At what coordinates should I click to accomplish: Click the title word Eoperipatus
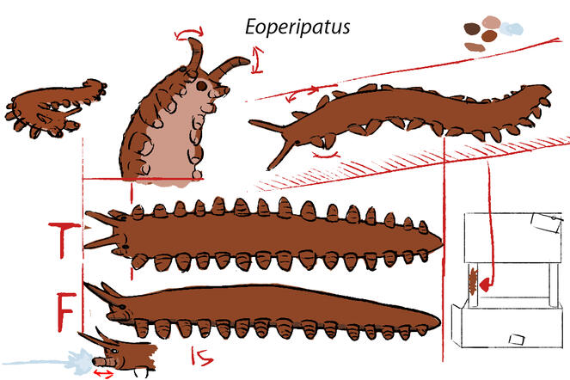pyautogui.click(x=297, y=28)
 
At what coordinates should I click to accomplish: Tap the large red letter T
pyautogui.click(x=64, y=240)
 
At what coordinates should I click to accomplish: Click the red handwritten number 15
pyautogui.click(x=202, y=356)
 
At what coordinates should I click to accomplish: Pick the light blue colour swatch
pyautogui.click(x=512, y=29)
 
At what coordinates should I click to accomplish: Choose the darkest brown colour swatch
pyautogui.click(x=472, y=28)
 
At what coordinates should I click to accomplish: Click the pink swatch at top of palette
pyautogui.click(x=492, y=22)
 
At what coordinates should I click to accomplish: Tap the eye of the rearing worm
pyautogui.click(x=201, y=86)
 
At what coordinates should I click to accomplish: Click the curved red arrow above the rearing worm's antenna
pyautogui.click(x=189, y=32)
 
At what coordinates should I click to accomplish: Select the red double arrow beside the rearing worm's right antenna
pyautogui.click(x=257, y=59)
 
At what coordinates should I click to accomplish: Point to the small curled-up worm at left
pyautogui.click(x=54, y=108)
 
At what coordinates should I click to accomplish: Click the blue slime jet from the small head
pyautogui.click(x=47, y=362)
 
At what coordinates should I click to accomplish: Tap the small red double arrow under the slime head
pyautogui.click(x=104, y=373)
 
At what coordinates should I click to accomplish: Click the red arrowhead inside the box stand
pyautogui.click(x=485, y=285)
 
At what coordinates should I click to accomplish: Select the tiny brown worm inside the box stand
pyautogui.click(x=473, y=281)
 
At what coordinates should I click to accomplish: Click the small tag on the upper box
pyautogui.click(x=546, y=222)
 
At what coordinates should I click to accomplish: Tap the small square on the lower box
pyautogui.click(x=517, y=340)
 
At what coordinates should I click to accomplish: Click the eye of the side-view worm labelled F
pyautogui.click(x=122, y=307)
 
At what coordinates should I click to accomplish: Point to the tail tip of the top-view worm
pyautogui.click(x=442, y=243)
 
